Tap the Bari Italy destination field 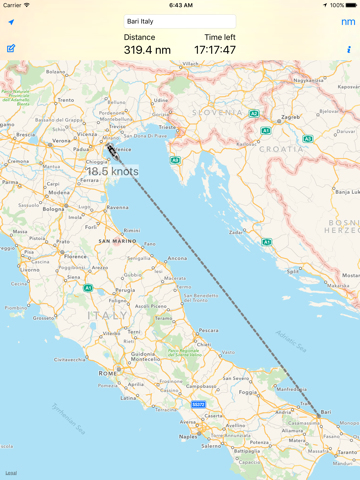180,21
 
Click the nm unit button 347,21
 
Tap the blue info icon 348,49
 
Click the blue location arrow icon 11,22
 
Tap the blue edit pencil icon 11,48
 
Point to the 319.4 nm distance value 146,49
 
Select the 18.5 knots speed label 112,171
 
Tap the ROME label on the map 109,372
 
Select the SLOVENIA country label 199,110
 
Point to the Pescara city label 208,331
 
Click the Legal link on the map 10,472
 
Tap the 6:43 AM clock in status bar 180,5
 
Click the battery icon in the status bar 347,5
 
